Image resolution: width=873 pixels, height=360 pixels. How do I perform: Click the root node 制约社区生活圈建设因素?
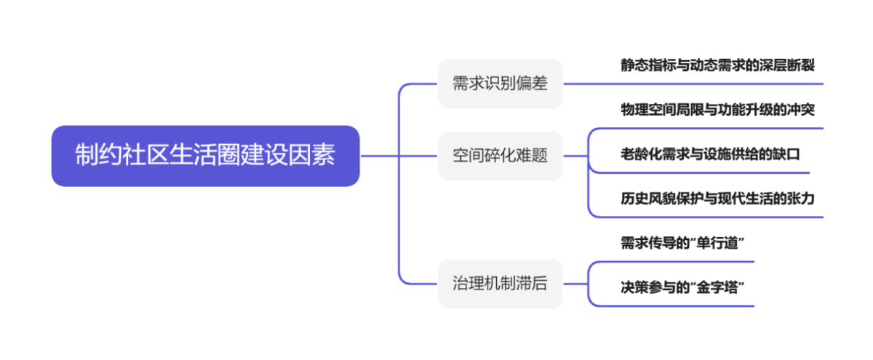[205, 156]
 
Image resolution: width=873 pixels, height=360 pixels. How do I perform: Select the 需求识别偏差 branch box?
[500, 84]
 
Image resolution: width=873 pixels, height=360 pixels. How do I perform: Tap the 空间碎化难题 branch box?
[500, 156]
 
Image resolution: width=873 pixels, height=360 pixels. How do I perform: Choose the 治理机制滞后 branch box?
[500, 283]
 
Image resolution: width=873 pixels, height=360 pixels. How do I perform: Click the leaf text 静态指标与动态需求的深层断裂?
[717, 65]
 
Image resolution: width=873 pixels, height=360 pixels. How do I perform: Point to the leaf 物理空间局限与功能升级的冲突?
[717, 110]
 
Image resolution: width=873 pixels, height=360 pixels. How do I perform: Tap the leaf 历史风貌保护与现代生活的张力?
[717, 198]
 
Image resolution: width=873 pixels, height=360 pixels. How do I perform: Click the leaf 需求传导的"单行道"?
[683, 243]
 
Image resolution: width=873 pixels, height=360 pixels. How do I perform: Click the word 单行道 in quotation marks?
[721, 243]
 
